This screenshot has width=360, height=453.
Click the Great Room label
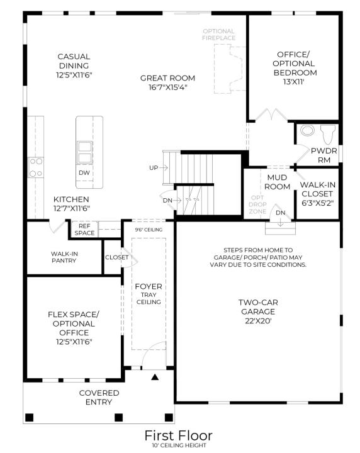(167, 78)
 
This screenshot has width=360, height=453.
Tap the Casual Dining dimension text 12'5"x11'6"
(74, 75)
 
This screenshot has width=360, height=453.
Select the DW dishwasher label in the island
(84, 173)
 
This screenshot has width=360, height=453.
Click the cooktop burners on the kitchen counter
(36, 167)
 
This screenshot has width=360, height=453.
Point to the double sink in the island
(85, 152)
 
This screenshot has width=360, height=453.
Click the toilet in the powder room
(329, 134)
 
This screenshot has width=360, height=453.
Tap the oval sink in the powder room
(307, 130)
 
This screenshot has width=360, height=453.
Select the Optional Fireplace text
(219, 35)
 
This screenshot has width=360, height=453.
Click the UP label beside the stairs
(154, 167)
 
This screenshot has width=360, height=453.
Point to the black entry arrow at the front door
(155, 377)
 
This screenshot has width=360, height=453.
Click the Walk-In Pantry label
(64, 257)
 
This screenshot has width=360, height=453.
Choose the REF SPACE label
(84, 230)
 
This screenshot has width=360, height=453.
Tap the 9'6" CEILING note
(149, 230)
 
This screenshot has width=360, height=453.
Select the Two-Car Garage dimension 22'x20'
(258, 321)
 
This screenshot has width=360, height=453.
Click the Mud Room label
(277, 182)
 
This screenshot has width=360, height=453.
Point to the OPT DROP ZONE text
(257, 204)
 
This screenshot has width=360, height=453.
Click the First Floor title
(179, 435)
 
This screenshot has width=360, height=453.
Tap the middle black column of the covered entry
(119, 418)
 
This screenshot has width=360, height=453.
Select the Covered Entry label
(99, 398)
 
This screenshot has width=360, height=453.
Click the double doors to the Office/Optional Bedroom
(272, 115)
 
